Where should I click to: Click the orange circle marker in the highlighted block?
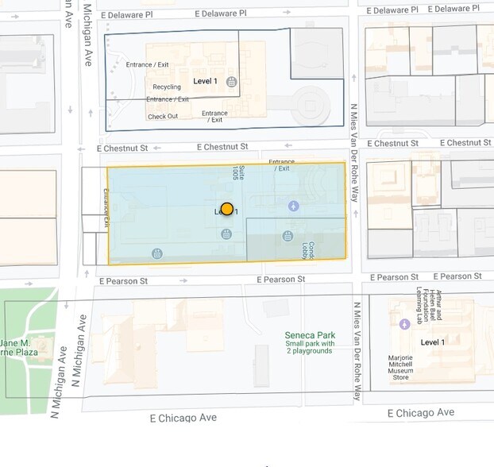pos(227,209)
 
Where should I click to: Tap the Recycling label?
pos(167,87)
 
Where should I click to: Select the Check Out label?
pos(163,117)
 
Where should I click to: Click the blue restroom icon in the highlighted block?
pos(294,206)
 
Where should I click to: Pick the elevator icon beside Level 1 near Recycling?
pos(231,82)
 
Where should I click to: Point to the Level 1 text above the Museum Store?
pos(433,342)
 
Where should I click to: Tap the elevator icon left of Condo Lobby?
pos(288,236)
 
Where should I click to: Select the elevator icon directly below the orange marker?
pos(226,234)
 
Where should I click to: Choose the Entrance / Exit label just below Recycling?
pos(168,99)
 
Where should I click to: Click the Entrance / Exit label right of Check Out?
pos(214,117)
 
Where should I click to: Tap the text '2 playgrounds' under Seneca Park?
pos(309,351)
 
